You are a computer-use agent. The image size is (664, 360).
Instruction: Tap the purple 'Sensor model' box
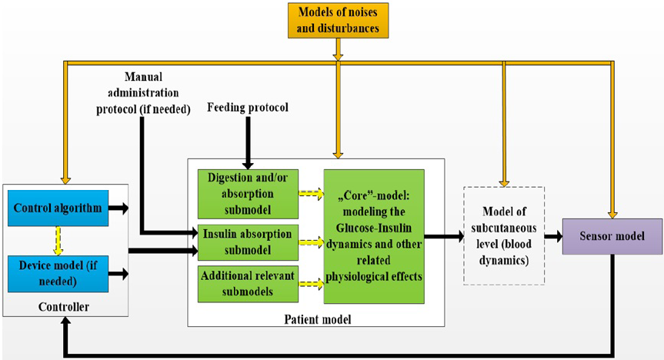click(611, 237)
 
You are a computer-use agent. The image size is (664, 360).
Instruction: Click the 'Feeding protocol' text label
click(248, 108)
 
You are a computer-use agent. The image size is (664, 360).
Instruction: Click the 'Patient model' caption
click(315, 317)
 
